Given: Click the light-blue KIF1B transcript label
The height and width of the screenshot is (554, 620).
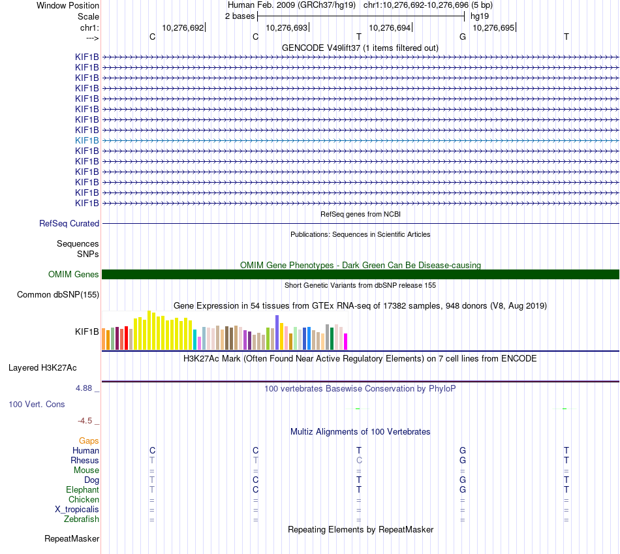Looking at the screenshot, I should [x=87, y=140].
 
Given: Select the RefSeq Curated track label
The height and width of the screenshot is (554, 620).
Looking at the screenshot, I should [x=69, y=223].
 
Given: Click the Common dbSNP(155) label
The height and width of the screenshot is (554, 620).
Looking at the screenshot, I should [x=58, y=295].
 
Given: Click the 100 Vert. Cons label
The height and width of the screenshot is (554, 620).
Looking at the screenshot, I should [x=37, y=405].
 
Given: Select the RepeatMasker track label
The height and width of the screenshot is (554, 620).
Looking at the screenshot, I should [x=72, y=539].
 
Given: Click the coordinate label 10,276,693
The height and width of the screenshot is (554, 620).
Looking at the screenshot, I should [x=287, y=28].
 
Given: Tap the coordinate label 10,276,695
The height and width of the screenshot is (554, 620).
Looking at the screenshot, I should [x=493, y=28].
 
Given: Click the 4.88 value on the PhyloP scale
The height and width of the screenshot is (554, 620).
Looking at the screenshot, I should [x=85, y=388].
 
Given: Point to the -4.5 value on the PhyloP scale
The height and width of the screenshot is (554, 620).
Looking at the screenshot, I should [x=85, y=421].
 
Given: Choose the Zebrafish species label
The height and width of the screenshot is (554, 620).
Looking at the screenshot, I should [x=82, y=519].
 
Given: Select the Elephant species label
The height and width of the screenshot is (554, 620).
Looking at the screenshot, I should [x=82, y=490].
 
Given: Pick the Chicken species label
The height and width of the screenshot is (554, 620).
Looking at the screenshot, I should [x=84, y=500].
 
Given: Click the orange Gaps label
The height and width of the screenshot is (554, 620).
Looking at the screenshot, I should [x=89, y=441].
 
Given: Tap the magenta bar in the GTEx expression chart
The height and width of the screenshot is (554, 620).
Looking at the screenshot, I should [x=346, y=341].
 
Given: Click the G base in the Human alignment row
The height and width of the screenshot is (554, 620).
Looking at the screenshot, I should [x=463, y=451].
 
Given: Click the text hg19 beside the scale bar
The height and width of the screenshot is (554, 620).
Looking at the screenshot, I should [x=479, y=16].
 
